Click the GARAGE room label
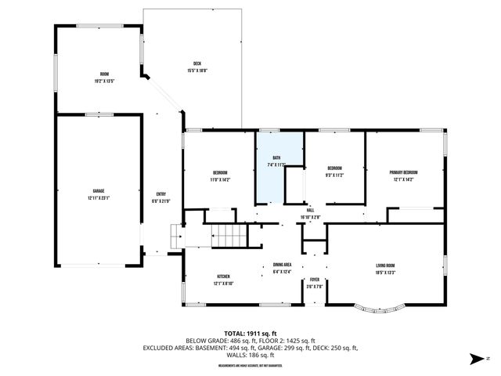(99, 191)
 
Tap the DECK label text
(198, 63)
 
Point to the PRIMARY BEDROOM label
(404, 172)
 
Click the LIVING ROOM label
(384, 266)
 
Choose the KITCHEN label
(223, 277)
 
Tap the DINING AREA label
(282, 266)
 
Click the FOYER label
(315, 280)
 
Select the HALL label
(310, 210)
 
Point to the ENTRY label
(161, 194)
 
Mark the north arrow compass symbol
(475, 360)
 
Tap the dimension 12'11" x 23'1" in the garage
(99, 197)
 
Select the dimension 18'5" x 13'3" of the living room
(384, 273)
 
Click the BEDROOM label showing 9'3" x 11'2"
(334, 168)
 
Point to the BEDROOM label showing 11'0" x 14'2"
(220, 173)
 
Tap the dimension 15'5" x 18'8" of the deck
(198, 70)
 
